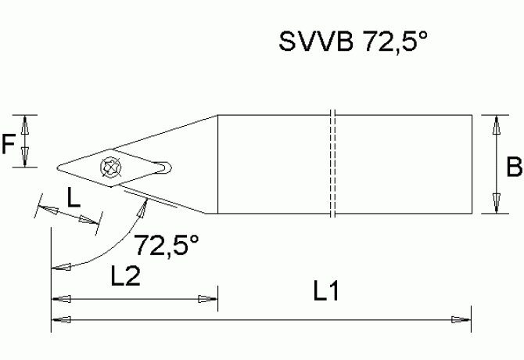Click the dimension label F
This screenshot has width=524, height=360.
coord(9,142)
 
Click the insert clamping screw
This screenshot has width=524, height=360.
coord(109,166)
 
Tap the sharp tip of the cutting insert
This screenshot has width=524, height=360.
coord(57,165)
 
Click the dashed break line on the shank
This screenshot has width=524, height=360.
coord(333,164)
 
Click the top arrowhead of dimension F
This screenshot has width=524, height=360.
coord(27,123)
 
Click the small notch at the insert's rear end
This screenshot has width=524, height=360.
coord(164,166)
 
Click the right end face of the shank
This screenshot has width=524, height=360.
coord(472,164)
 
